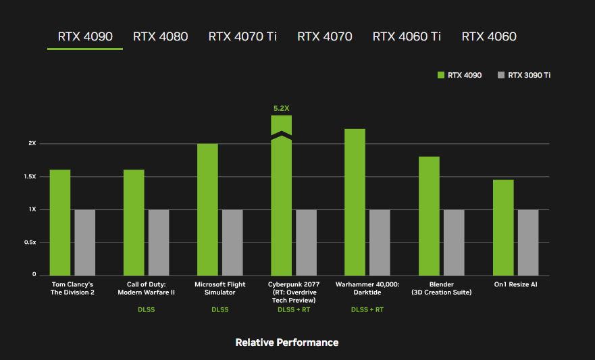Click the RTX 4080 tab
pos(160,36)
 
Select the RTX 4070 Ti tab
pos(242,36)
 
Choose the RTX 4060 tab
pos(488,36)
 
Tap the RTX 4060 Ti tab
pos(407,36)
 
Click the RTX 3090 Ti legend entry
pos(524,75)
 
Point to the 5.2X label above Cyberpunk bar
pos(281,107)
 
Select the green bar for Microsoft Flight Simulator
pos(207,209)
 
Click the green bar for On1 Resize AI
pos(503,227)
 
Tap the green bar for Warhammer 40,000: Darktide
pos(355,202)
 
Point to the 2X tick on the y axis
pos(32,144)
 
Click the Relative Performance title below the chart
pos(286,342)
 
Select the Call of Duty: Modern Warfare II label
pos(146,288)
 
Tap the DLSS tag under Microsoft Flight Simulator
pos(219,310)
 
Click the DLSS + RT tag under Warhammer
pos(367,310)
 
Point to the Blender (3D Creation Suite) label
pos(441,288)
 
